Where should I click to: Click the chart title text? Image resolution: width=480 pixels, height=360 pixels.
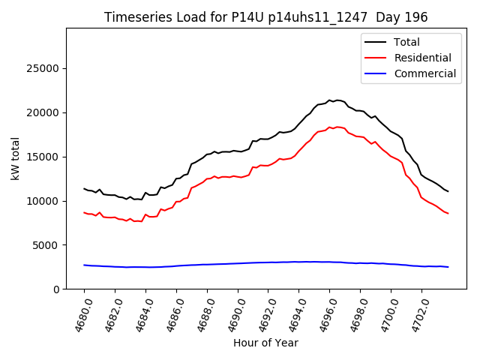[x=265, y=17]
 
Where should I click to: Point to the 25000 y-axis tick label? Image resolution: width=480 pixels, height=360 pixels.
[x=43, y=69]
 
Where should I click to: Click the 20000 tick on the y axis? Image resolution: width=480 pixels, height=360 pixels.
[x=43, y=113]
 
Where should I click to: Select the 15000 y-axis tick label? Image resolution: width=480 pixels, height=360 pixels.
[x=43, y=157]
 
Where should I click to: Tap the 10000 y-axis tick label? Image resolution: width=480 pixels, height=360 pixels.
[x=43, y=202]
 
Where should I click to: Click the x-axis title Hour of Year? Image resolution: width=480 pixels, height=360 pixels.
[x=265, y=343]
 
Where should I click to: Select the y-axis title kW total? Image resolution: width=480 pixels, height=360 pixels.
[x=15, y=158]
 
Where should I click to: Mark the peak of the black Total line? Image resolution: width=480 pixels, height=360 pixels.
[x=329, y=100]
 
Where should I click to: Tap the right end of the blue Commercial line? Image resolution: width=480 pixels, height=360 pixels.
[x=448, y=267]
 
